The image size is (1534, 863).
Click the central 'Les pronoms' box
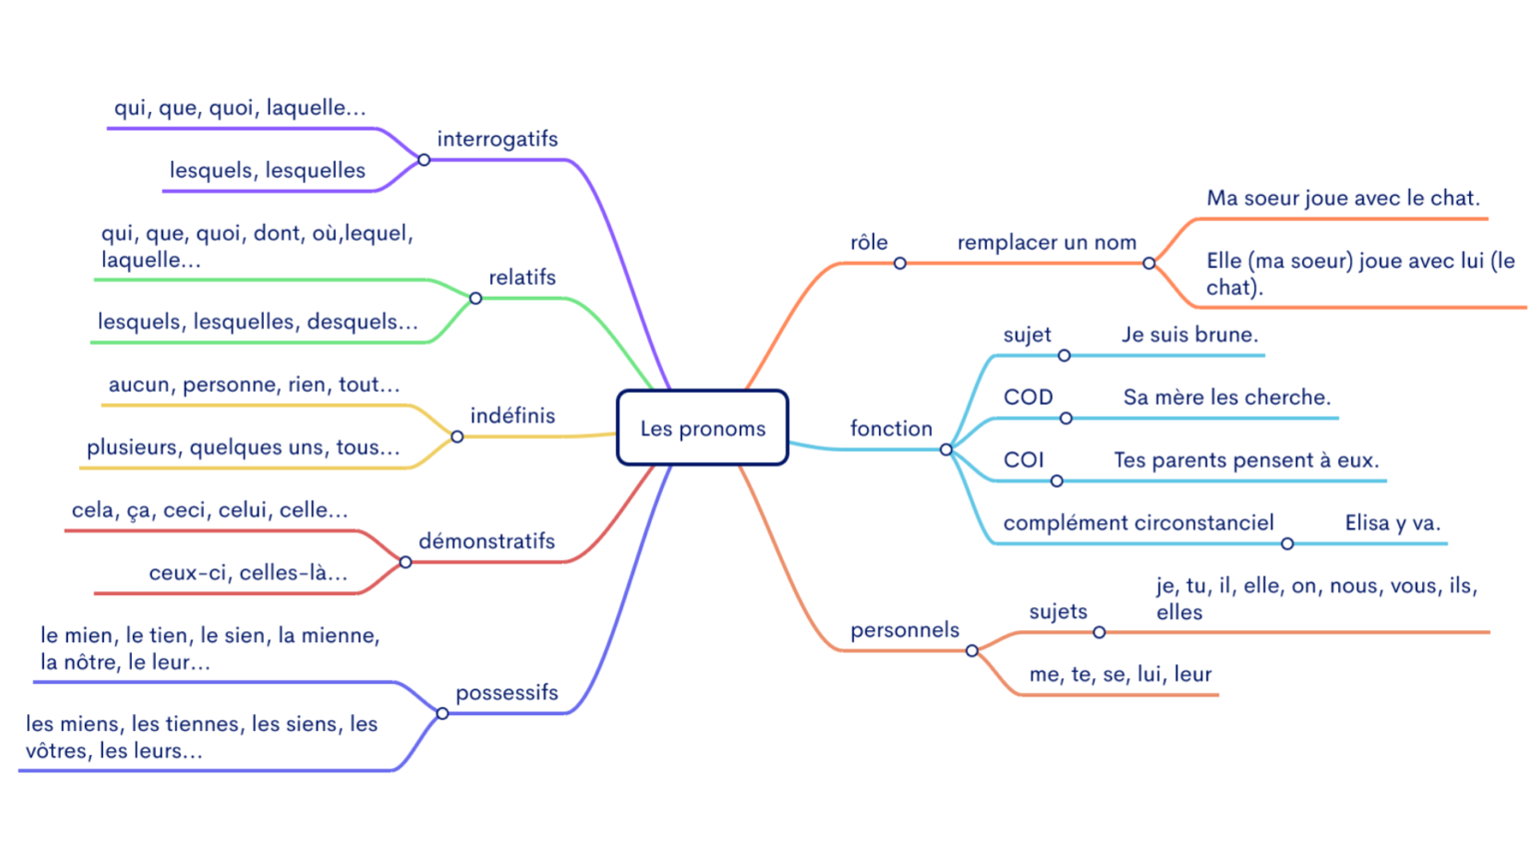(x=702, y=429)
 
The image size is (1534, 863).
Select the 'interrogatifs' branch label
(x=496, y=139)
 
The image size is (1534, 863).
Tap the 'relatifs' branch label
(x=521, y=277)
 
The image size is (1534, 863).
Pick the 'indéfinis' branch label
(x=512, y=416)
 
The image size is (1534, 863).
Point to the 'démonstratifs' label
(x=486, y=541)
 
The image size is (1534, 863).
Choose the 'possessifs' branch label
(x=506, y=692)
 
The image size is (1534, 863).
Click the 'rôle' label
(x=869, y=242)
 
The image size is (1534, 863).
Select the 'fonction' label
(x=891, y=429)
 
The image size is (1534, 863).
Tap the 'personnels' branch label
(x=904, y=630)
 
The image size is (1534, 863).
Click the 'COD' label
(x=1028, y=397)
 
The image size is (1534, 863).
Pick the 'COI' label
(x=1023, y=459)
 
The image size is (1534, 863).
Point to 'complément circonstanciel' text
(x=1138, y=522)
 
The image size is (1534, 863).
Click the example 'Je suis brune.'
(x=1189, y=335)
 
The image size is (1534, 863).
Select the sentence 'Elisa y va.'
(x=1392, y=522)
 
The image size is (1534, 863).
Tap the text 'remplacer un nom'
(x=1046, y=242)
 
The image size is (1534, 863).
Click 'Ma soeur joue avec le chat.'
(x=1342, y=198)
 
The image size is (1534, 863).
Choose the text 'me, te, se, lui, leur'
(x=1120, y=674)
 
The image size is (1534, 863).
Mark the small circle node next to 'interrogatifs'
(x=423, y=160)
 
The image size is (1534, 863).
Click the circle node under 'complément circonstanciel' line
(x=1287, y=543)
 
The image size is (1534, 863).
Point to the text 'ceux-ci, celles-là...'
(x=248, y=572)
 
